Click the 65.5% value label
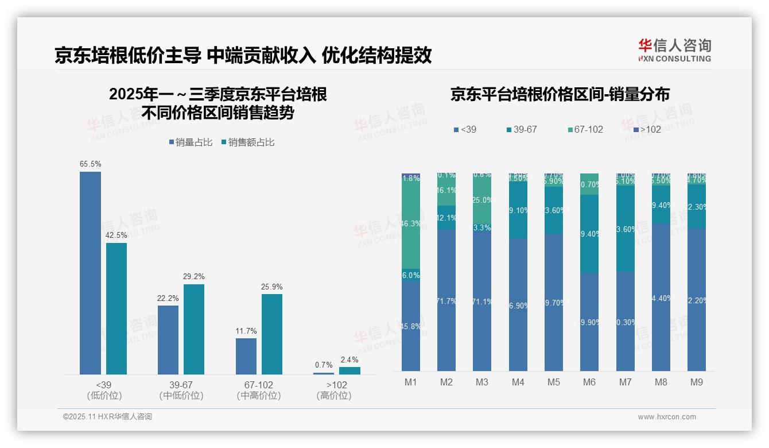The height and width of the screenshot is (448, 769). [90, 164]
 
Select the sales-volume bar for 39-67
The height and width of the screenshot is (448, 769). [168, 339]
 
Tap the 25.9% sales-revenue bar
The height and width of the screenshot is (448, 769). [272, 334]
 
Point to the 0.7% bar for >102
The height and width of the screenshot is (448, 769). [324, 373]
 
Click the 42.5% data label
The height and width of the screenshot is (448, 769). [116, 235]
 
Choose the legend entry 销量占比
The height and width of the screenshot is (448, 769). [191, 142]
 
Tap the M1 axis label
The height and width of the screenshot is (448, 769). [411, 382]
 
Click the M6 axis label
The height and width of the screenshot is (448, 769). [589, 382]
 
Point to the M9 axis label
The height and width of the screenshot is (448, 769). [696, 382]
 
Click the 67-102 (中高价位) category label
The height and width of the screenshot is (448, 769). [259, 390]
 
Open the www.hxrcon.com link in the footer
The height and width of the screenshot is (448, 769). [667, 417]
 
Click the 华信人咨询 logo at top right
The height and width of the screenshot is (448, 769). [674, 50]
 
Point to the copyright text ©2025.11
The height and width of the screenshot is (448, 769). [107, 417]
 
